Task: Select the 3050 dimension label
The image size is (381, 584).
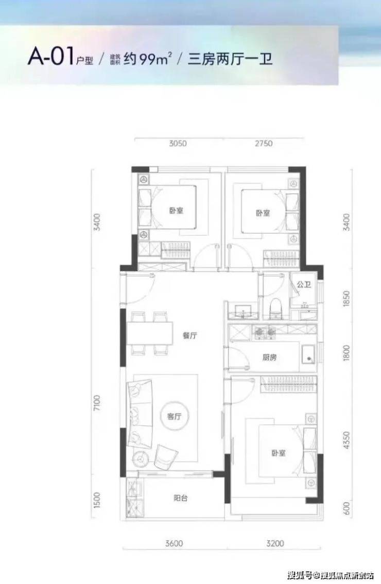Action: (x=178, y=143)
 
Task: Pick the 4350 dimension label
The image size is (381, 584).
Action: (x=347, y=440)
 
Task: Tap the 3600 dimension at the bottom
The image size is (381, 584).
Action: (x=174, y=543)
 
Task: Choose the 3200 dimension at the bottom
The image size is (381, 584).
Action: (x=275, y=543)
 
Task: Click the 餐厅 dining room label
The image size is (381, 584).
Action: (x=189, y=336)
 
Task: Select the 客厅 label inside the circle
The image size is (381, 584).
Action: (x=174, y=417)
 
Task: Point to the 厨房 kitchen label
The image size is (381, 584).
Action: (x=269, y=357)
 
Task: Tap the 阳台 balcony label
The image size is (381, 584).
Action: (x=181, y=497)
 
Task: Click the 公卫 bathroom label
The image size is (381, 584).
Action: (x=304, y=285)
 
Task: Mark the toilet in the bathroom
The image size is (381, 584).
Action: (x=276, y=309)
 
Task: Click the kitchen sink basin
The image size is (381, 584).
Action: (x=308, y=354)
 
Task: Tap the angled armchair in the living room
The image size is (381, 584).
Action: (x=165, y=457)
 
